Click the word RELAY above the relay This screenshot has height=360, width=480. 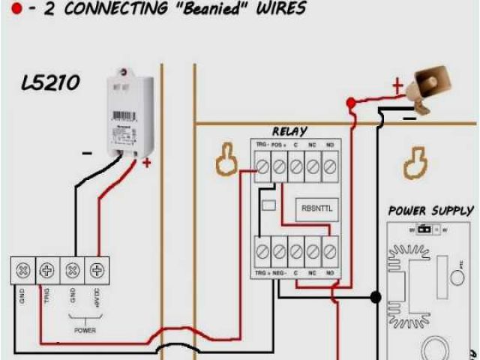[x=289, y=131]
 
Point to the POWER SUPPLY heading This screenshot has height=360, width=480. [x=430, y=211]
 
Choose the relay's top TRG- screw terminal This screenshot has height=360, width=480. [x=262, y=166]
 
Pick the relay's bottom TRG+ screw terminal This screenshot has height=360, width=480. [x=262, y=251]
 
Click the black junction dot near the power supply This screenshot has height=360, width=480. [x=376, y=298]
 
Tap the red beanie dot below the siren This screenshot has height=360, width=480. [x=350, y=101]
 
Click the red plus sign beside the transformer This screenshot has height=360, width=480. [x=146, y=162]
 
